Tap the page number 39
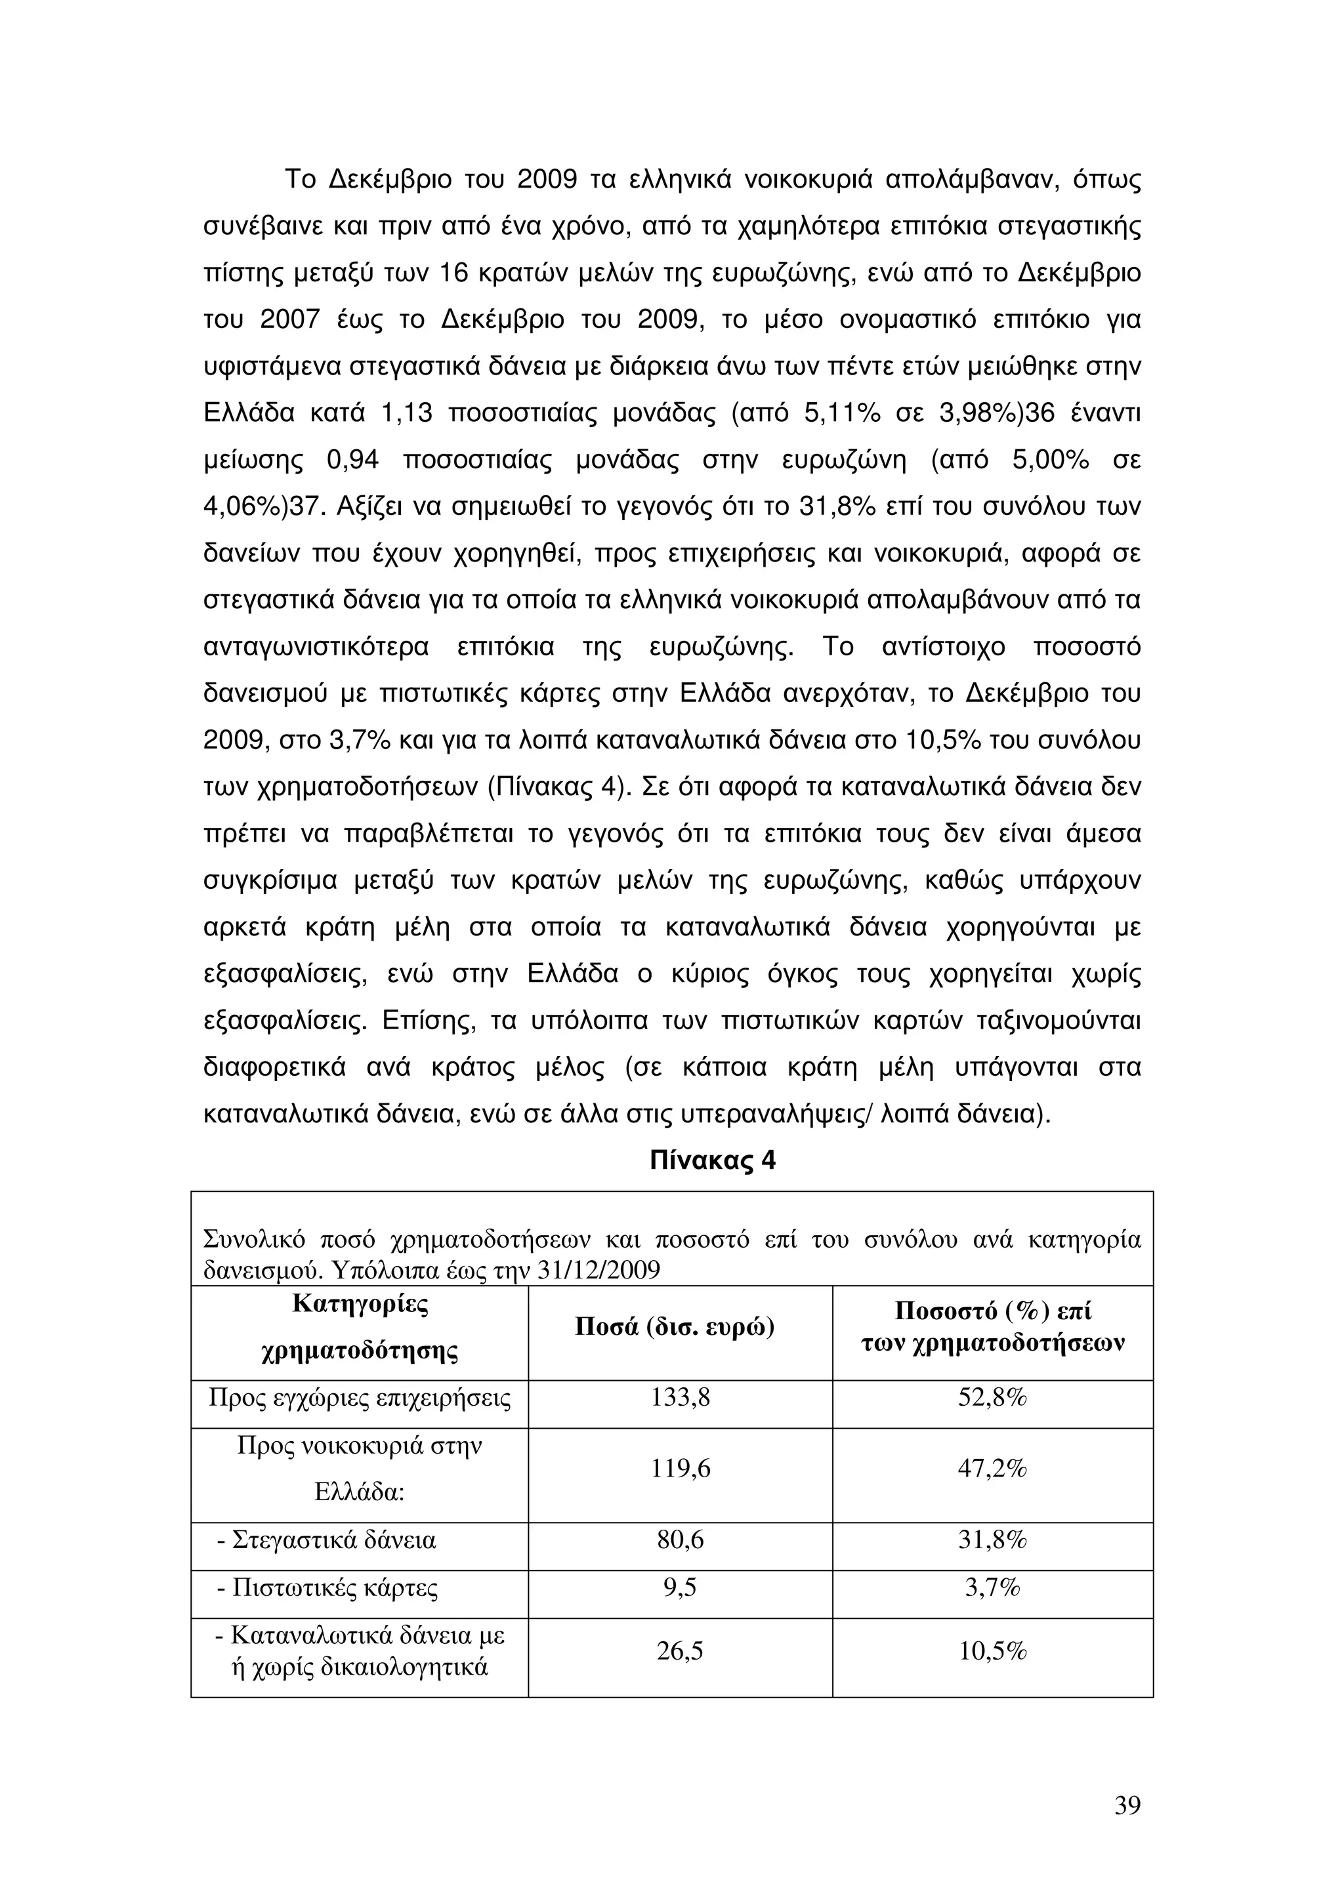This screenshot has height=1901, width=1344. click(1127, 1805)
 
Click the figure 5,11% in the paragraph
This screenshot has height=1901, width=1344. click(842, 413)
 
